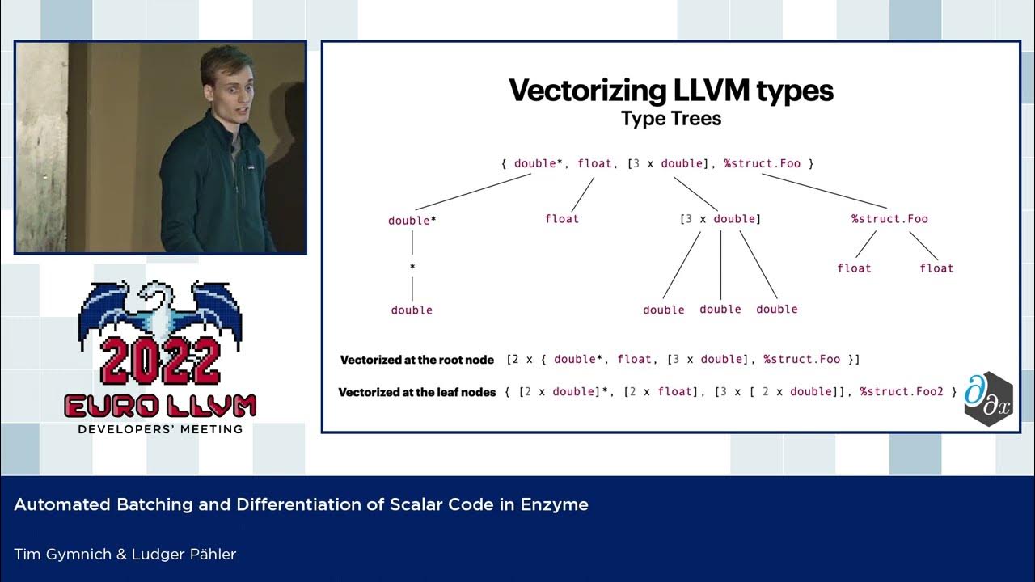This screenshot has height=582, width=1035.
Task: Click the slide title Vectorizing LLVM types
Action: coord(670,91)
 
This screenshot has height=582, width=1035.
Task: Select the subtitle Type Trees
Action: coord(670,119)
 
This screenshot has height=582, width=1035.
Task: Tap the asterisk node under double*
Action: coord(412,266)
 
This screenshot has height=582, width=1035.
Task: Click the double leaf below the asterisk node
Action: coord(412,310)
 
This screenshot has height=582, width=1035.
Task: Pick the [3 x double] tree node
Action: coord(720,219)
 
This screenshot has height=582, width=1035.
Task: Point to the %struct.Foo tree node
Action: coord(889,219)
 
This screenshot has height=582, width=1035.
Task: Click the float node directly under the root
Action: coord(562,219)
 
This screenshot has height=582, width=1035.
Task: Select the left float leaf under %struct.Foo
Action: coord(855,268)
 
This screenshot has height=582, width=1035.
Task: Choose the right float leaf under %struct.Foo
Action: coord(936,268)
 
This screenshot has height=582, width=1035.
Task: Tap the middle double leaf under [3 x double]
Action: coord(720,310)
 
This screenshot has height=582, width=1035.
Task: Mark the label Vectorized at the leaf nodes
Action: coord(416,393)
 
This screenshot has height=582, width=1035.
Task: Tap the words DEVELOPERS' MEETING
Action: coord(160,429)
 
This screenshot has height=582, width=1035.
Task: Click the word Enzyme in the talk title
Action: coord(560,505)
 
